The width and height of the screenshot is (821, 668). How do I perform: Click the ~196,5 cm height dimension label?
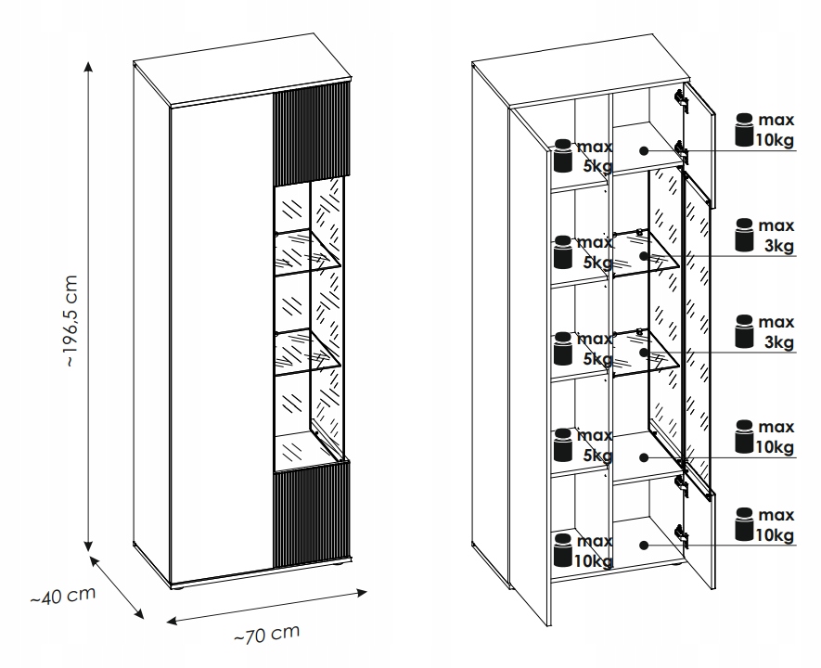tap(71, 320)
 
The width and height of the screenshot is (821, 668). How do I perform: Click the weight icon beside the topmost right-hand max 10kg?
tap(744, 130)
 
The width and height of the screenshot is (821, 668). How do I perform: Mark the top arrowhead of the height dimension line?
tap(88, 67)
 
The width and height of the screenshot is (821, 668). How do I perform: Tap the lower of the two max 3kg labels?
tap(776, 332)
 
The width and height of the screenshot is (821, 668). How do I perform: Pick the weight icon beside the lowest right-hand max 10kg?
tap(744, 523)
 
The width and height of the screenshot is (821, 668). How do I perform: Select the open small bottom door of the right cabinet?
tap(699, 538)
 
